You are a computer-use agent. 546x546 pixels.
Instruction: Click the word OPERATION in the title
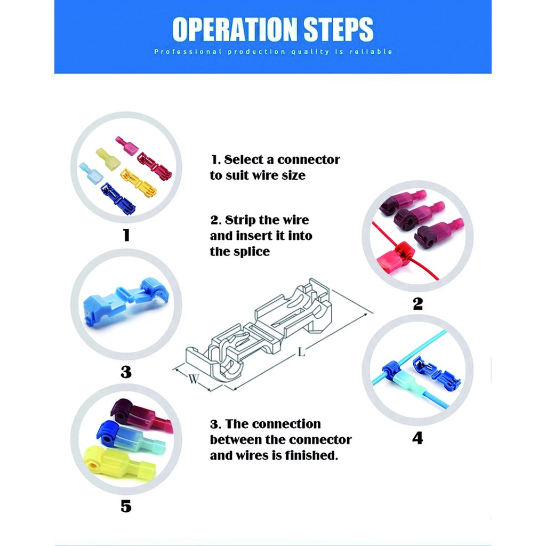tap(235, 29)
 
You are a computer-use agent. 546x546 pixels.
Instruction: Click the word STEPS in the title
tap(339, 29)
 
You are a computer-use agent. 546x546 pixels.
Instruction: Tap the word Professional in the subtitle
tap(188, 52)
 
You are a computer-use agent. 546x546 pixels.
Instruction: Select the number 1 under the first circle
tap(126, 235)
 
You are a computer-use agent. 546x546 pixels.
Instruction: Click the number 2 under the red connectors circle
tap(417, 303)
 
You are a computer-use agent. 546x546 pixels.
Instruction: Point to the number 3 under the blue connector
tap(126, 372)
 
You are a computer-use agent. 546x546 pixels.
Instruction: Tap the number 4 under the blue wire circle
tap(417, 438)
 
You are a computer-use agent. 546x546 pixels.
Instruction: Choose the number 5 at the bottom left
tap(126, 506)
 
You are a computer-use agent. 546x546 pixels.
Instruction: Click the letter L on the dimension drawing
tap(302, 352)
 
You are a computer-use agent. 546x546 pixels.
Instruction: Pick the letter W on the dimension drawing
tap(194, 379)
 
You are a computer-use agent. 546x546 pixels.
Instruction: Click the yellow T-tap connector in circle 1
tap(139, 183)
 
